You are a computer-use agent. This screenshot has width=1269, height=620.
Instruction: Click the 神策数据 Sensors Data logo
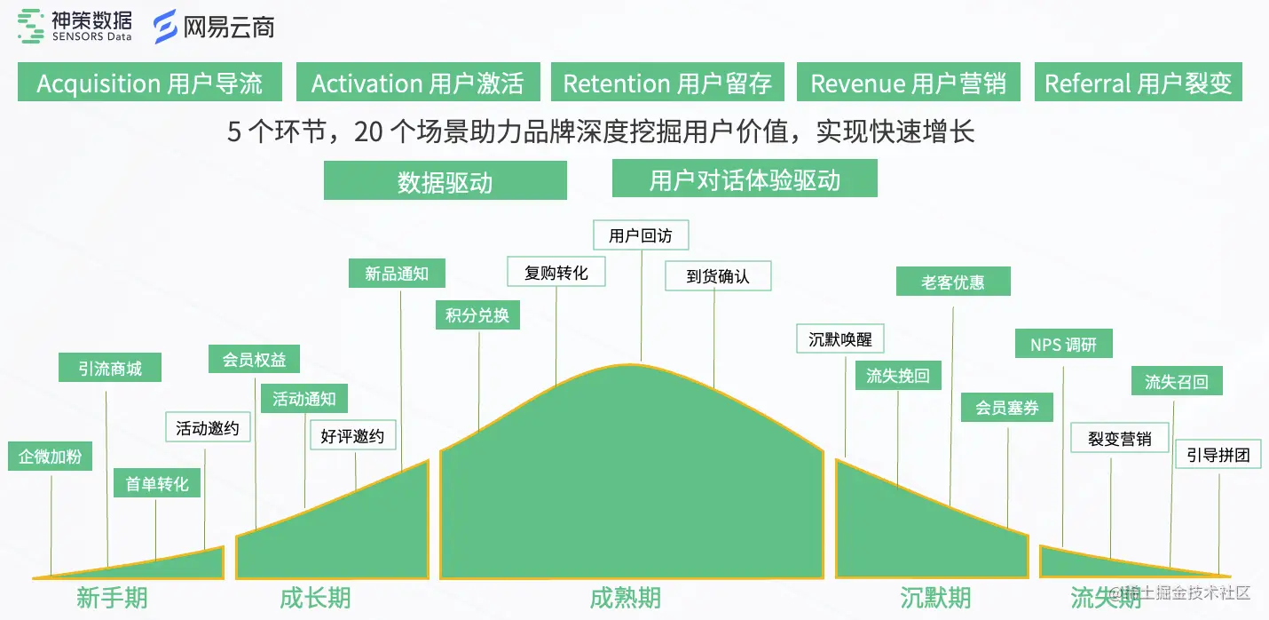[75, 26]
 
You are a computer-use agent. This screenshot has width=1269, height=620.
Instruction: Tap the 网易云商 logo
[214, 27]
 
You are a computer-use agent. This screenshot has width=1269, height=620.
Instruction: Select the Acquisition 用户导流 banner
[149, 83]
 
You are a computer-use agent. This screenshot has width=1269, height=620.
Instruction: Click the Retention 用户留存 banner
[667, 83]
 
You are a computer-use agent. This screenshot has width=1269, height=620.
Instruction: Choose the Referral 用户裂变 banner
[1138, 83]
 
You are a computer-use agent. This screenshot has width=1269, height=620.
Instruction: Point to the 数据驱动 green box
[445, 181]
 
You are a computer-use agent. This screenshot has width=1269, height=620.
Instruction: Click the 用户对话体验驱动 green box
[745, 179]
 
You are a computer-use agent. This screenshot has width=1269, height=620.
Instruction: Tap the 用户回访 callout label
[640, 234]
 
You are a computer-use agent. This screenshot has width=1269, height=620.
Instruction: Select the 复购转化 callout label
[556, 272]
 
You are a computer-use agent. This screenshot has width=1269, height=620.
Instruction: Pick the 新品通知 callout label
[396, 274]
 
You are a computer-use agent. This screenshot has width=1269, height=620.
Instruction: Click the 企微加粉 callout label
[51, 457]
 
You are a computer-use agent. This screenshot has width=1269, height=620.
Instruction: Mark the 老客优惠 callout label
[953, 282]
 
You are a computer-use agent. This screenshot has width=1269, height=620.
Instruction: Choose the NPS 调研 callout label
[1063, 344]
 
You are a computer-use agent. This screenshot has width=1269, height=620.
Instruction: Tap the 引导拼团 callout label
[1218, 455]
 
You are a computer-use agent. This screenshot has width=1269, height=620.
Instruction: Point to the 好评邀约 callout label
[352, 436]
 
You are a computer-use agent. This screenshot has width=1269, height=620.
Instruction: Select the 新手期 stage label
[112, 598]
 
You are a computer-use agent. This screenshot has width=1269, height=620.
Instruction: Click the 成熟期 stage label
[625, 598]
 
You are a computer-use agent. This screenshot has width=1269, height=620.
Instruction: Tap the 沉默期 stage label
[934, 598]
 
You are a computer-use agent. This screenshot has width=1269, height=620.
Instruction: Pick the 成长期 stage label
[315, 598]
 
